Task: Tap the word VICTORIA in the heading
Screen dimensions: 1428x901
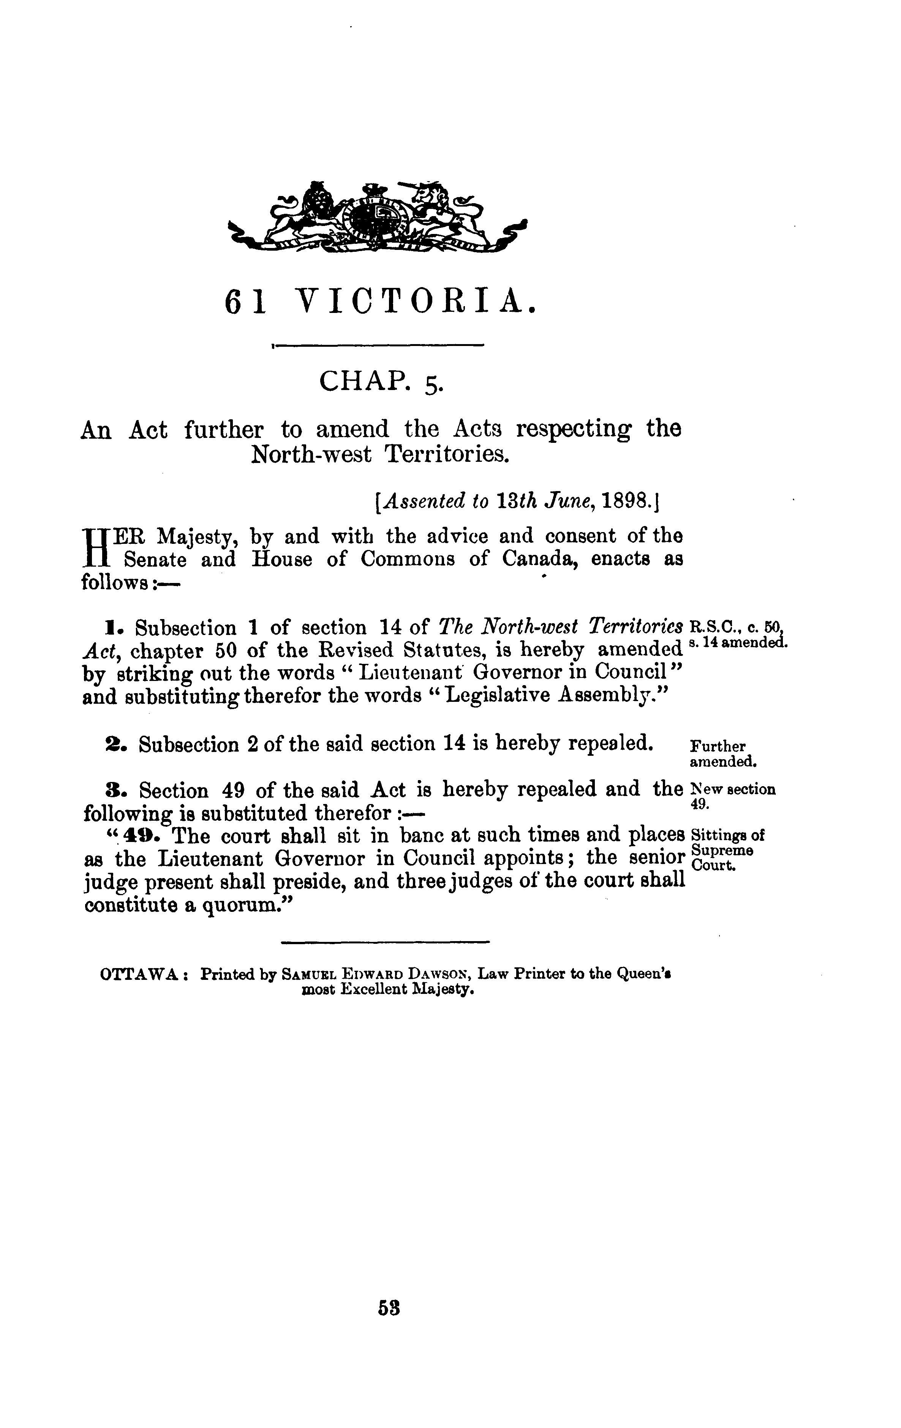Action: (415, 302)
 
